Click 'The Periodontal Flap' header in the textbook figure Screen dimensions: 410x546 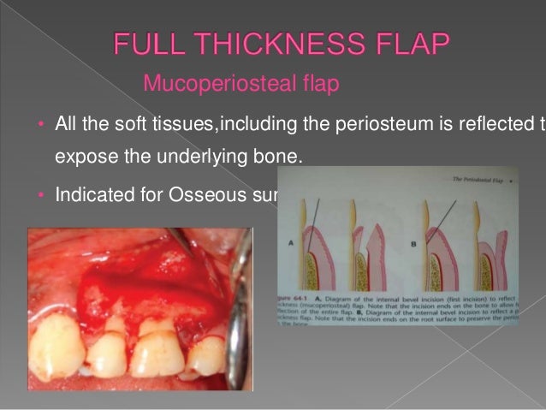tap(470, 182)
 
